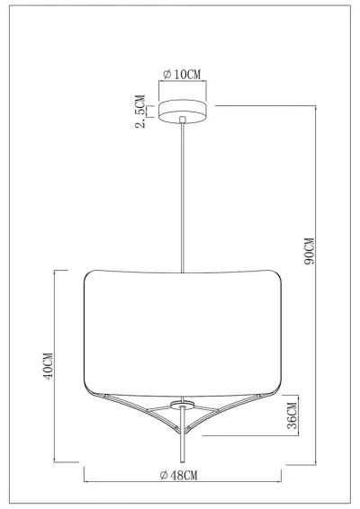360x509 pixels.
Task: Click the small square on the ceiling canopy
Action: point(183,117)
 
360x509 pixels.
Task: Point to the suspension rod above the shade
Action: point(183,198)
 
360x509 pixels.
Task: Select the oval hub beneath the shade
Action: point(183,404)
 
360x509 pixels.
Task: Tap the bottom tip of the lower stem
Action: point(183,463)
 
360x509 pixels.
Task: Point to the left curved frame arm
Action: point(135,415)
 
